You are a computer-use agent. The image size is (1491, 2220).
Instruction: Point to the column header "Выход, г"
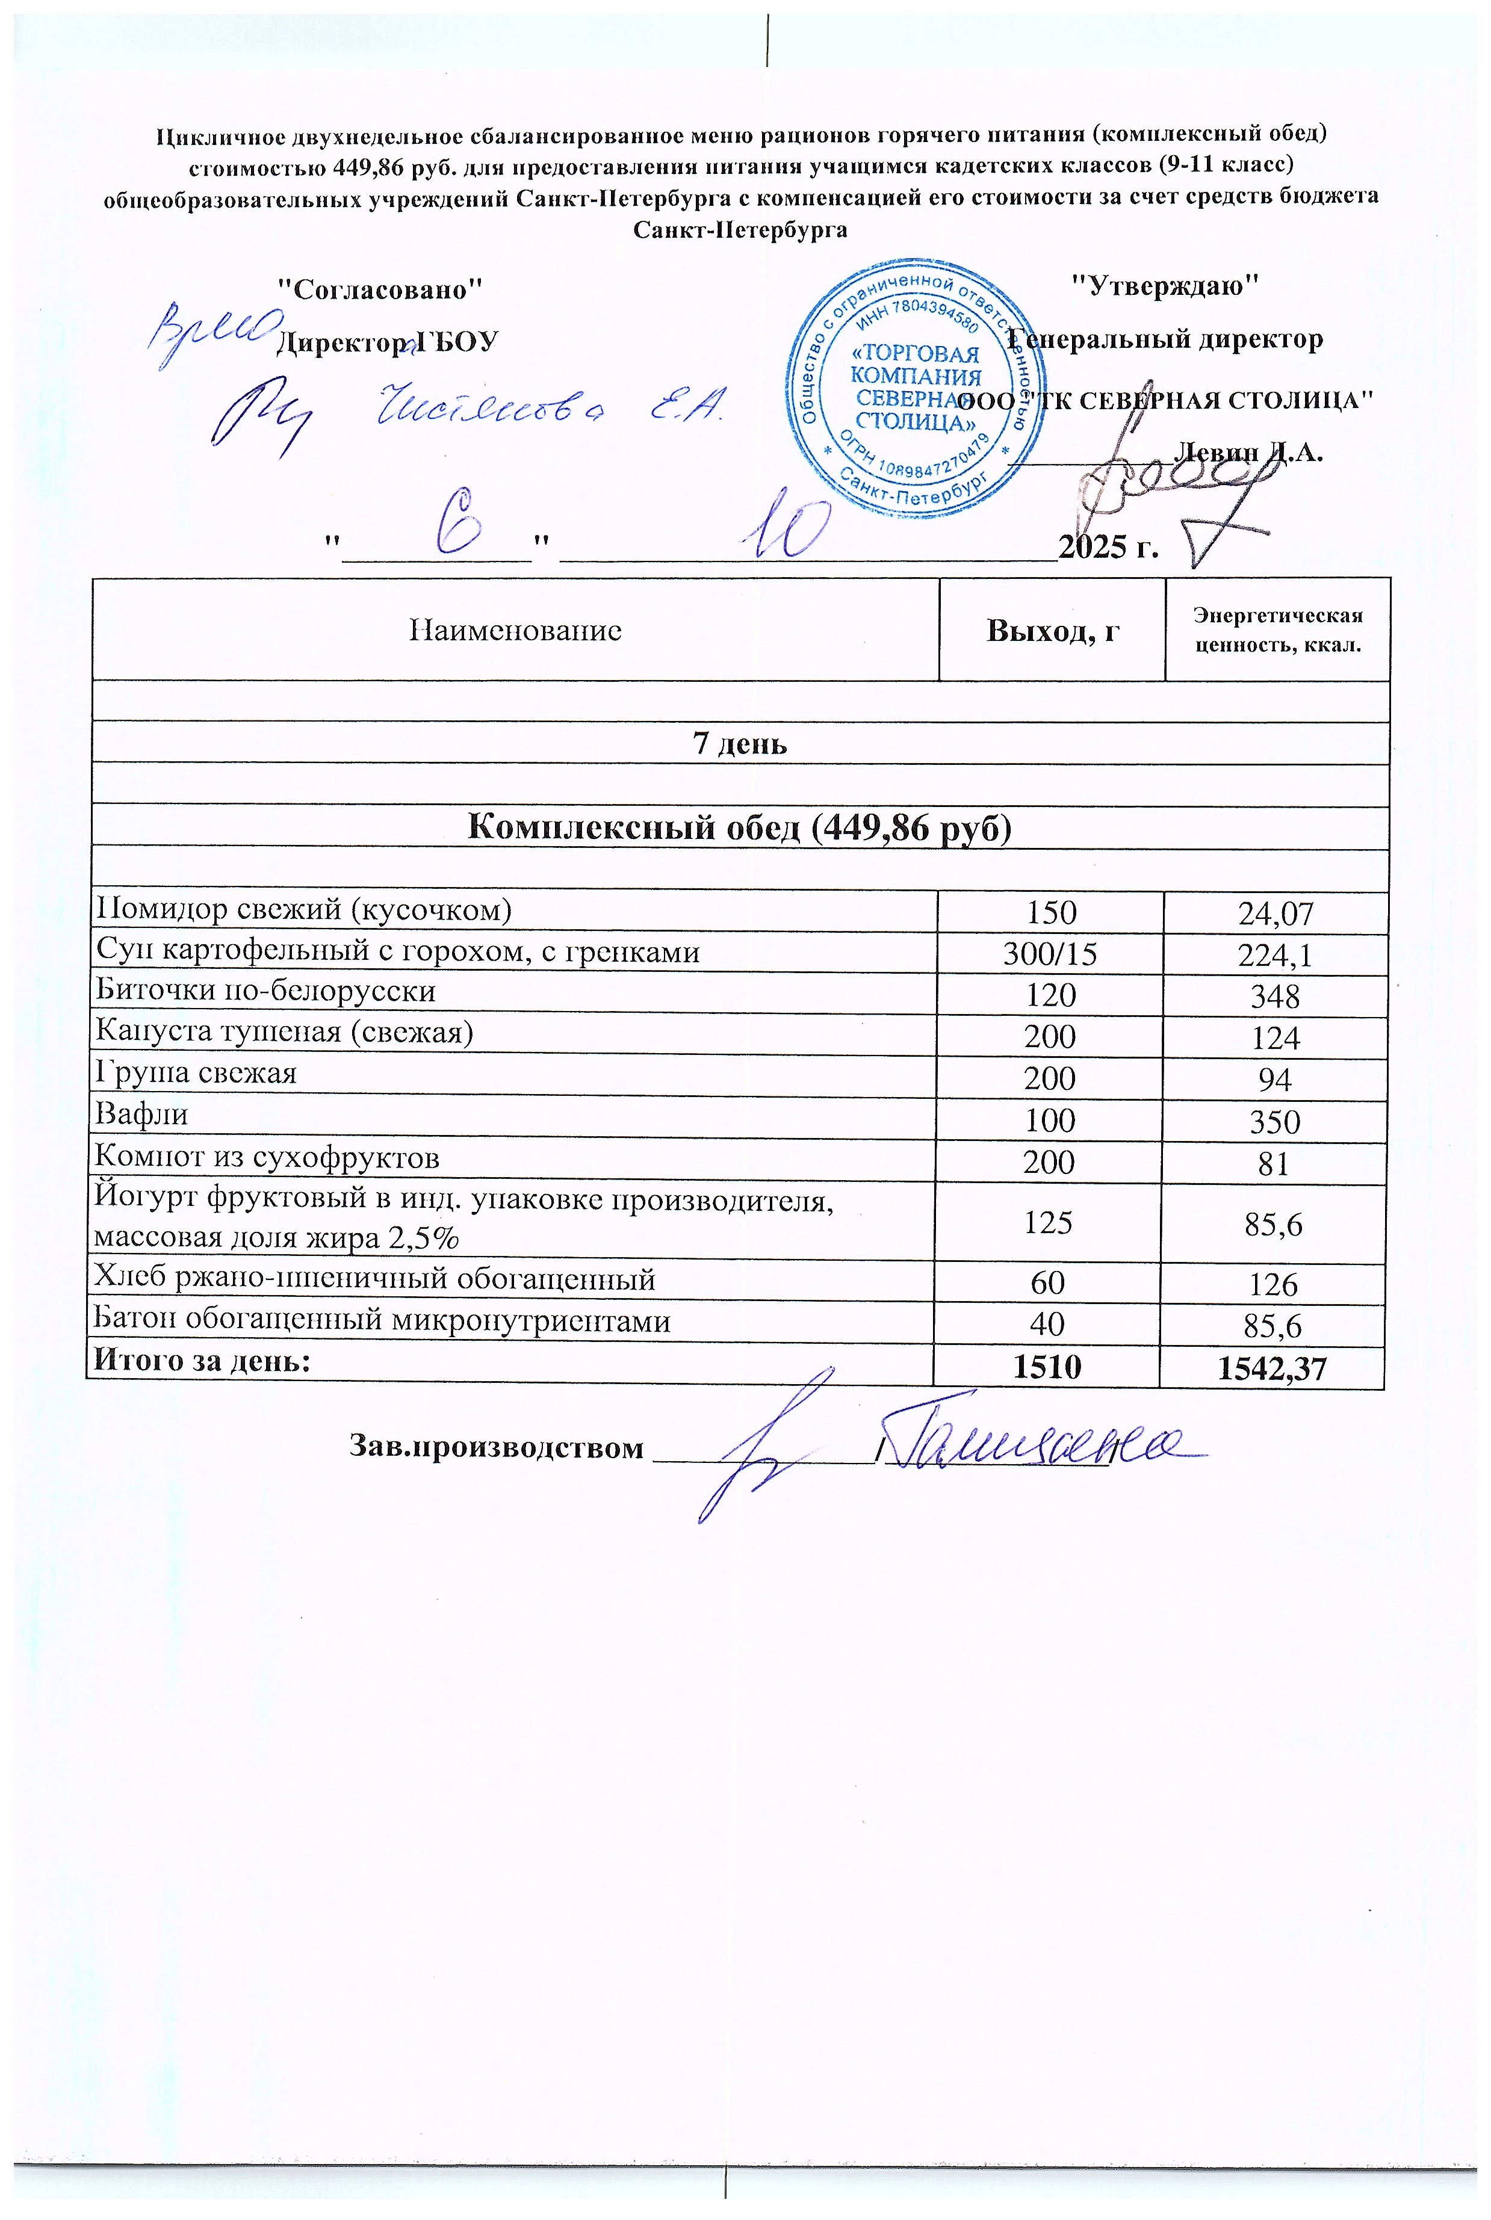coord(1052,630)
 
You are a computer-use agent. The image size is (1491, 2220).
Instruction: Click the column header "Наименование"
coord(515,630)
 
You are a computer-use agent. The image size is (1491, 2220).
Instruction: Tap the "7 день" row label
coord(740,743)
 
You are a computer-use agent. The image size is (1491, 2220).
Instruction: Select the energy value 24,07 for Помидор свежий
coord(1275,914)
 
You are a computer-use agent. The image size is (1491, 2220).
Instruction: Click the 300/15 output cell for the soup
coord(1050,954)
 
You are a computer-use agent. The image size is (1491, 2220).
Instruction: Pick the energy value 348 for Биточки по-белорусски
coord(1275,997)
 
